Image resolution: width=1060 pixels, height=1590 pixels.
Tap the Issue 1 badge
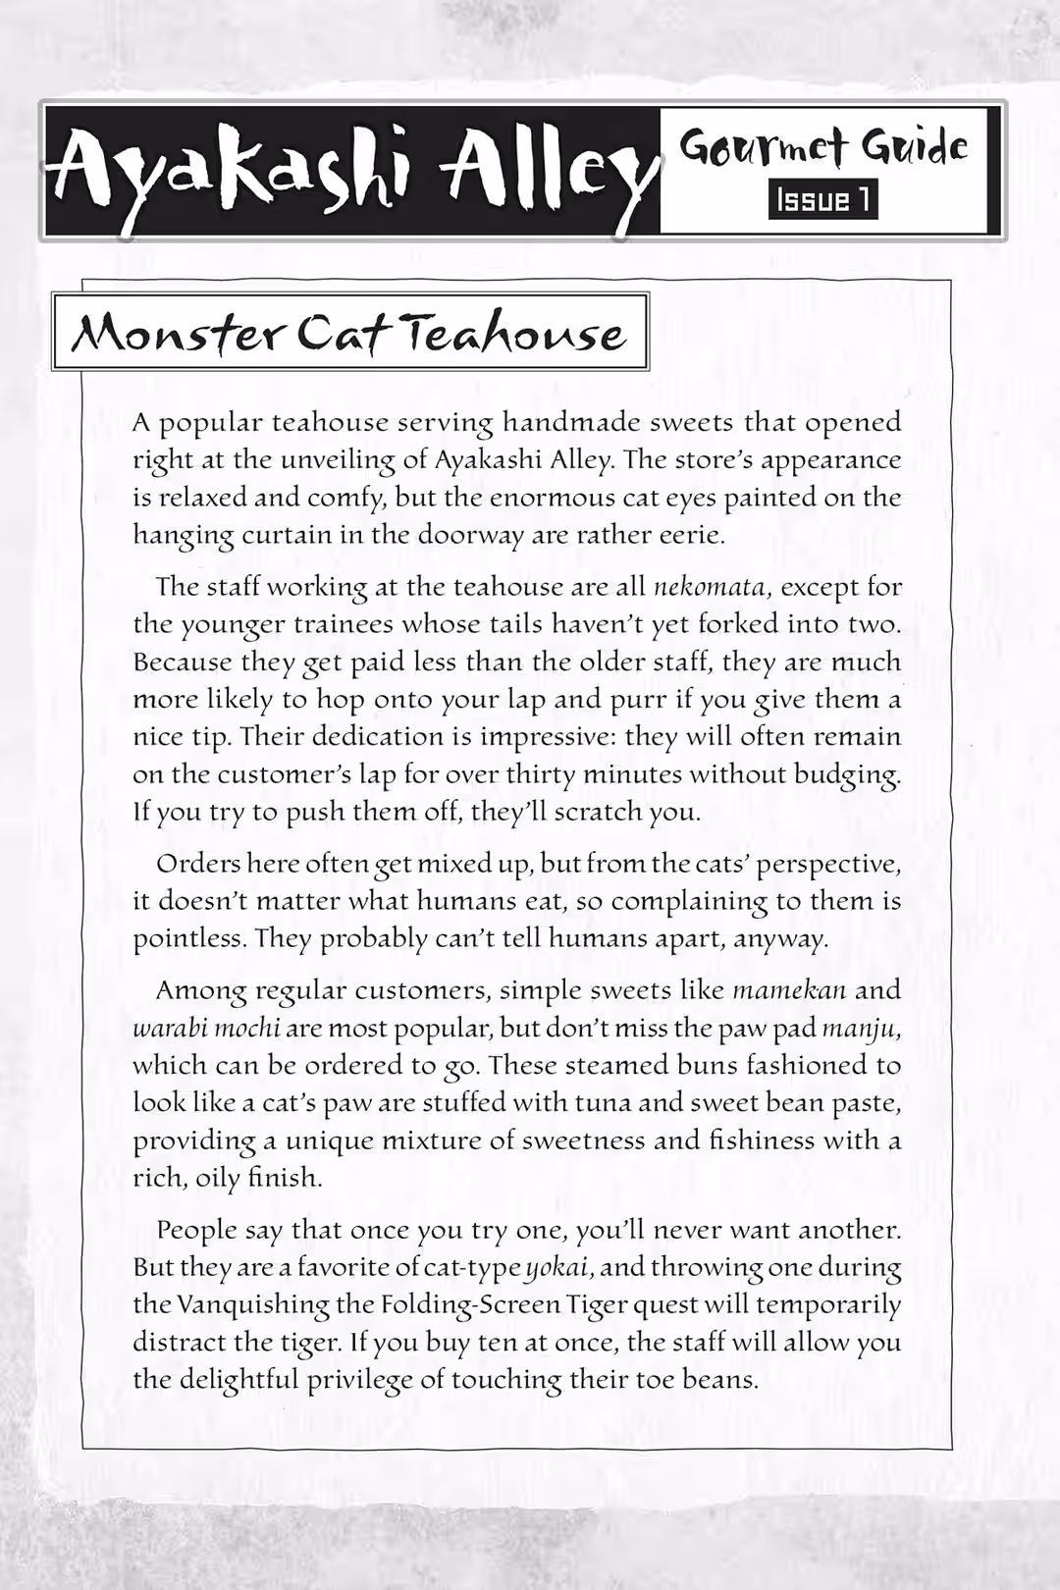823,200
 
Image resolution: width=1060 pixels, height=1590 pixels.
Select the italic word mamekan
789,989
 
